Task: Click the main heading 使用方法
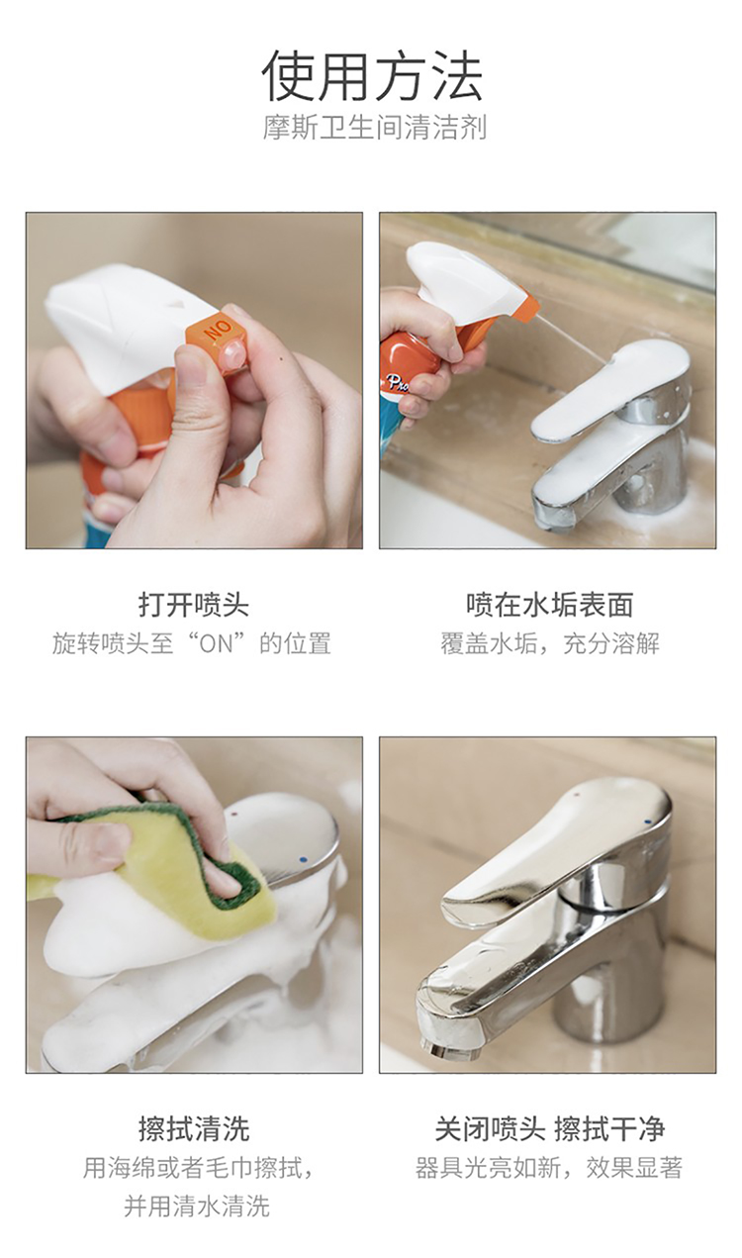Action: point(372,76)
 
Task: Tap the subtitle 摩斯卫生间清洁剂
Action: point(374,128)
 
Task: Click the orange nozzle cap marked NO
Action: point(217,339)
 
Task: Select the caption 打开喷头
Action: point(194,605)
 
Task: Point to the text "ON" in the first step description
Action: point(216,643)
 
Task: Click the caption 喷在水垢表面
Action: point(549,605)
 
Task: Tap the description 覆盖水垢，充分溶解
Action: point(549,643)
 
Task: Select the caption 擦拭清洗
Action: point(194,1129)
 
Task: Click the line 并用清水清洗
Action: point(197,1206)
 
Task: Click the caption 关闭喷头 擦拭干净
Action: point(549,1129)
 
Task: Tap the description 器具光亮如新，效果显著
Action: point(548,1168)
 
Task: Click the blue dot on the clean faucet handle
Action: point(649,822)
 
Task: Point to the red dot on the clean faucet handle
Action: point(578,795)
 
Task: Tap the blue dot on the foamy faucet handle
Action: point(303,860)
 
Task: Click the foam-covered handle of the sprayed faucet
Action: point(609,388)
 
